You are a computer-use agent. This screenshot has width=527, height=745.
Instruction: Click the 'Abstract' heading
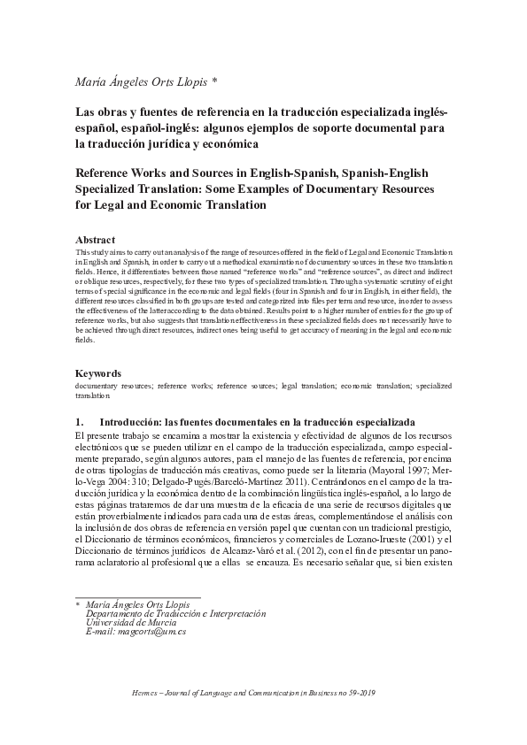[x=96, y=240]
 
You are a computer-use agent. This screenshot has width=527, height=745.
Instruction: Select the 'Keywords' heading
[x=98, y=372]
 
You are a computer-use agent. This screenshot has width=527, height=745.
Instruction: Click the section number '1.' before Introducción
[x=81, y=421]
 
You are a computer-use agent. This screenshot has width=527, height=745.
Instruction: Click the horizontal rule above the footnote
[x=138, y=597]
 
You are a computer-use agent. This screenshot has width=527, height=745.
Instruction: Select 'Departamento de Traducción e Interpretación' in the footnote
[x=174, y=614]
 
